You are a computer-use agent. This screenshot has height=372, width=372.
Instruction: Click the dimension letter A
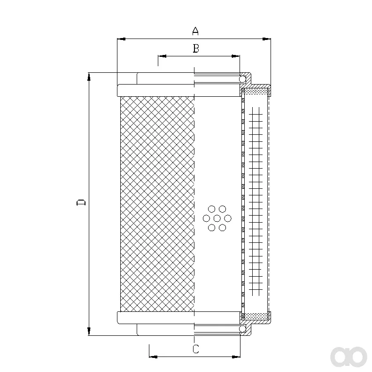pyautogui.click(x=195, y=31)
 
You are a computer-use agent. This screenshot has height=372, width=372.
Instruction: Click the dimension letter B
pyautogui.click(x=196, y=48)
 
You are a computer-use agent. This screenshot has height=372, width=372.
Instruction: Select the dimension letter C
pyautogui.click(x=196, y=349)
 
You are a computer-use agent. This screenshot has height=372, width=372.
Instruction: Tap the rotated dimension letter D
pyautogui.click(x=81, y=202)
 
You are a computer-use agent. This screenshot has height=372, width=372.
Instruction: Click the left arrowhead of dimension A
pyautogui.click(x=122, y=39)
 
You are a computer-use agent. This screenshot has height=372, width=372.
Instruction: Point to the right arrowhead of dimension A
pyautogui.click(x=266, y=39)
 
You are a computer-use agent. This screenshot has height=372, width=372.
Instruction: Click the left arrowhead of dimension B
pyautogui.click(x=162, y=56)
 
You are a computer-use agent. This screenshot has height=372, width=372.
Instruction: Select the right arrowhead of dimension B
pyautogui.click(x=236, y=56)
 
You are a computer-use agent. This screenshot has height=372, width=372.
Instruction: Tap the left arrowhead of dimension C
pyautogui.click(x=153, y=356)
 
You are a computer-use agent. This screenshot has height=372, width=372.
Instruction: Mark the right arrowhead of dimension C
pyautogui.click(x=236, y=356)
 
